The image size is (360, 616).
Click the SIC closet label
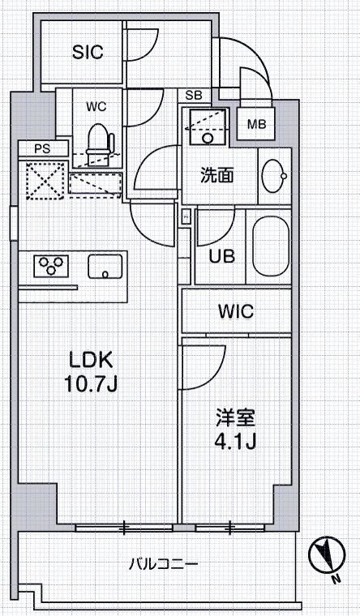(88, 53)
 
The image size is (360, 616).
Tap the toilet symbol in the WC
(97, 139)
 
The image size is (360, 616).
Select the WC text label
(96, 105)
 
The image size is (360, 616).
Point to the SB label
(193, 96)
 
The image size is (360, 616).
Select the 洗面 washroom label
(218, 174)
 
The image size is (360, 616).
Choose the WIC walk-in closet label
(236, 311)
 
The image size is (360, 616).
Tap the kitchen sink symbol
(105, 265)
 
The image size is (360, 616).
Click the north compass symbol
(325, 555)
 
